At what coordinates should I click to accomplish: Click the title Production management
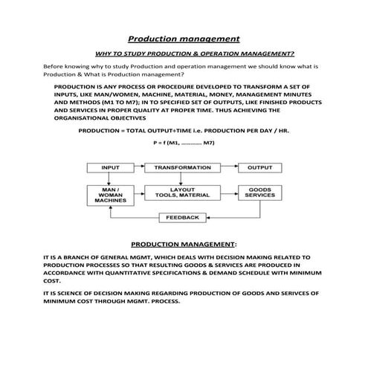click(184, 38)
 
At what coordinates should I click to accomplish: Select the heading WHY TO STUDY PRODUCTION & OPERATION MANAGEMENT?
click(195, 54)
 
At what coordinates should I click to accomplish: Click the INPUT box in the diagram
click(110, 168)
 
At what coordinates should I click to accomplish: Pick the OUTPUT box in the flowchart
click(259, 168)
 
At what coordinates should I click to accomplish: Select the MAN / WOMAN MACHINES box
click(110, 195)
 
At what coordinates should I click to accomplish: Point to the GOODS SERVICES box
click(259, 193)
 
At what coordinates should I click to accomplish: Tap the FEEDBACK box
click(182, 217)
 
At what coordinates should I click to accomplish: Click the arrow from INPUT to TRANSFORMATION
click(138, 168)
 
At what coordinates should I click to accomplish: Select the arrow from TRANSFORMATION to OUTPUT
click(227, 168)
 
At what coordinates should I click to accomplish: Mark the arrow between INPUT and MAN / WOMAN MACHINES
click(110, 178)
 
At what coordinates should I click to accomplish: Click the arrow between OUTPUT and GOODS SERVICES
click(259, 178)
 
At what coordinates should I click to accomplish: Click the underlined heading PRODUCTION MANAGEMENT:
click(184, 243)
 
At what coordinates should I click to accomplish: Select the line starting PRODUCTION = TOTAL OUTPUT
click(184, 130)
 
